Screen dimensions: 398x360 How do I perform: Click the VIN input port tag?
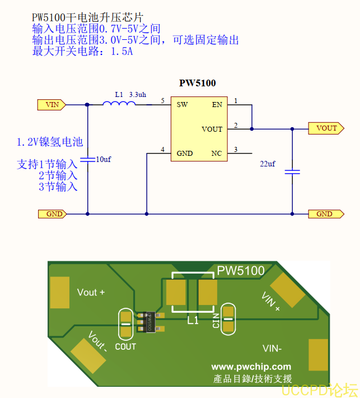point(52,104)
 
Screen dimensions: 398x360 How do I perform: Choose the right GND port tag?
point(324,214)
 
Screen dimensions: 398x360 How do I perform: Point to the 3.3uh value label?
point(137,95)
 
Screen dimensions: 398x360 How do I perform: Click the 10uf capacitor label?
point(104,159)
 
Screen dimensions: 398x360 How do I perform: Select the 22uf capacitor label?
point(268,164)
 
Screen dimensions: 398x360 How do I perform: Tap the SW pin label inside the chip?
point(182,104)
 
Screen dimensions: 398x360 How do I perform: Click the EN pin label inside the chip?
point(217,104)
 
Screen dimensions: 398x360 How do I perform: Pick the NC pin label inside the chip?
point(217,153)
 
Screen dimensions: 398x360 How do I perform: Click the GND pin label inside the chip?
point(185,153)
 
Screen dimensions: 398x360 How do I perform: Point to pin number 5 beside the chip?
point(162,100)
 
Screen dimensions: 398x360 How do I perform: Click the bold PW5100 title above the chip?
point(197,83)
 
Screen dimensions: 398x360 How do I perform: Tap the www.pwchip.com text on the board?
point(251,367)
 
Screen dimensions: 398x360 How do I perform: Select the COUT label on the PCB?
point(125,346)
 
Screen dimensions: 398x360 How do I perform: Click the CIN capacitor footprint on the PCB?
point(228,319)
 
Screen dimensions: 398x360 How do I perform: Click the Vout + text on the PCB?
point(91,292)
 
